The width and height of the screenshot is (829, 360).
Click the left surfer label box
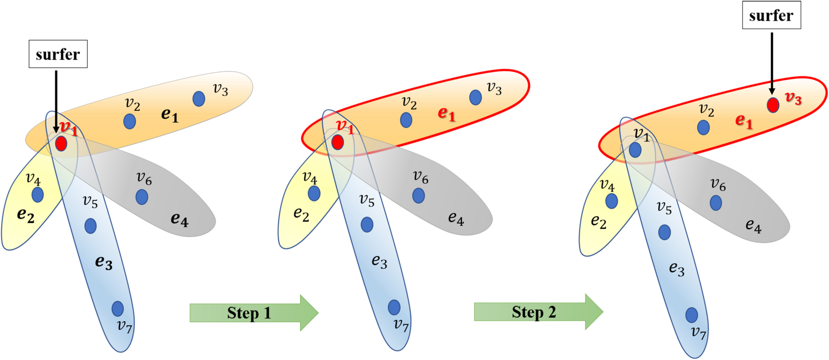coord(58,54)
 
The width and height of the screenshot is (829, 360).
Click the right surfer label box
coord(771,15)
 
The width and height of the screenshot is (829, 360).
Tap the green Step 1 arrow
coord(254,313)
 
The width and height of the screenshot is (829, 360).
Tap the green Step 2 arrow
coord(538,312)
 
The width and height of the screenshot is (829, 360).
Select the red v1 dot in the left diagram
coord(61,144)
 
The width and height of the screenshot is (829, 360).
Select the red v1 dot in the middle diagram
coord(338,142)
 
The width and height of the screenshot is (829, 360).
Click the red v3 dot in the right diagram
coord(773,105)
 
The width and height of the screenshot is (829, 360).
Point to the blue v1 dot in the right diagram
coord(635,150)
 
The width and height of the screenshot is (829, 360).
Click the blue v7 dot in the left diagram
coord(118,309)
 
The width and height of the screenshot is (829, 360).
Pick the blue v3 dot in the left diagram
coord(199,99)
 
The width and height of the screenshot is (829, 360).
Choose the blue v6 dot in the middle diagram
coord(418,196)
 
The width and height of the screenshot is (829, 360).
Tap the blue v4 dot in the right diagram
coord(611,201)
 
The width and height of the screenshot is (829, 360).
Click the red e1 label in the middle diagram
coord(446,114)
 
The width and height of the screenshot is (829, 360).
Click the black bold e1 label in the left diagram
coord(170,115)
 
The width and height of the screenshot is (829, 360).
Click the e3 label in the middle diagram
coord(379,261)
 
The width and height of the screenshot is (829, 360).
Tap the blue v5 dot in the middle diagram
coord(367,224)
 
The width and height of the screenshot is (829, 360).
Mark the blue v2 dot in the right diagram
coord(703,127)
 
